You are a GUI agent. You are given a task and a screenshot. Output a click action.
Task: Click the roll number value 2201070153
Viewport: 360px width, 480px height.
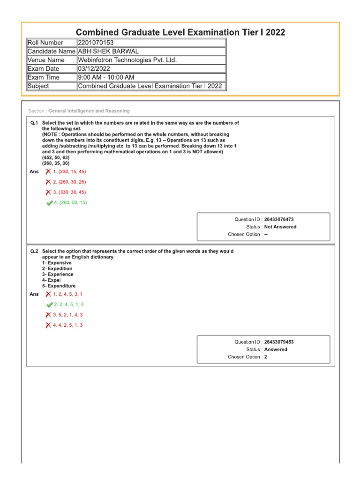tap(96, 43)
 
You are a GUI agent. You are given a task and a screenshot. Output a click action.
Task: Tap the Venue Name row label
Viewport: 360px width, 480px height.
tap(46, 60)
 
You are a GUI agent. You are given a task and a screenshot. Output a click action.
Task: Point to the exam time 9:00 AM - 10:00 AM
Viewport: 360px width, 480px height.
tap(106, 77)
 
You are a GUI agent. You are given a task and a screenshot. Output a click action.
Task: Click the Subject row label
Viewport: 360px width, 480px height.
tap(38, 86)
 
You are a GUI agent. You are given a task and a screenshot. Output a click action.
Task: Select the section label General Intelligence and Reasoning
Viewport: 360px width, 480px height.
tap(89, 111)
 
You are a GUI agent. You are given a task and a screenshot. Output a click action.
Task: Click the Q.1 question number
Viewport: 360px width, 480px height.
tap(34, 123)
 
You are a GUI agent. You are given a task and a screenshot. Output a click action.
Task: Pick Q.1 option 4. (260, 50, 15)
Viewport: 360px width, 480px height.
tap(70, 202)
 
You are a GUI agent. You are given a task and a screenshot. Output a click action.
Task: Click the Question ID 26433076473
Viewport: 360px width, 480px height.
tap(279, 219)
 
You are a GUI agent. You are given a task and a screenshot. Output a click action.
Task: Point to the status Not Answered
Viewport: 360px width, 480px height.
tap(280, 227)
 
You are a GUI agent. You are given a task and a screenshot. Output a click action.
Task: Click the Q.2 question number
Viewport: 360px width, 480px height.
tap(34, 251)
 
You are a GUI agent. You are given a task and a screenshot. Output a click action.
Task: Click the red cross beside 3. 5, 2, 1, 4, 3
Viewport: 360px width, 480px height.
tap(48, 315)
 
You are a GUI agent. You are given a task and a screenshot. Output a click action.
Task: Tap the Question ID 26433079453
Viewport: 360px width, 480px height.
tap(279, 342)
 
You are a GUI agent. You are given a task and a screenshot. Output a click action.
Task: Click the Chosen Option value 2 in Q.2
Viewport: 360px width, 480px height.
tap(266, 357)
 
